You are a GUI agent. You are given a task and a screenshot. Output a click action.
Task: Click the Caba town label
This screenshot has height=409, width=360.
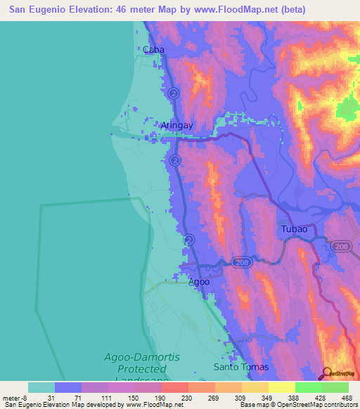[x=153, y=50]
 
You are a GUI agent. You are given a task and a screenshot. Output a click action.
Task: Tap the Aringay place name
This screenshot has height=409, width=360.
[x=176, y=125]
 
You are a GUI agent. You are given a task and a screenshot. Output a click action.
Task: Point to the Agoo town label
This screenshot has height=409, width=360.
[x=198, y=282]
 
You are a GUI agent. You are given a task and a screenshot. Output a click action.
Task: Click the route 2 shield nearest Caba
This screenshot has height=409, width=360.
[x=174, y=93]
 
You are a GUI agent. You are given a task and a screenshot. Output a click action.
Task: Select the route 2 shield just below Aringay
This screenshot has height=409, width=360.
[x=173, y=161]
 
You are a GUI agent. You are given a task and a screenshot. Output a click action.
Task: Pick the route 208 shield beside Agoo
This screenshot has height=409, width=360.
[x=238, y=261]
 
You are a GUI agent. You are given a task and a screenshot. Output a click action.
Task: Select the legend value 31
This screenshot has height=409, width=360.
[x=51, y=398]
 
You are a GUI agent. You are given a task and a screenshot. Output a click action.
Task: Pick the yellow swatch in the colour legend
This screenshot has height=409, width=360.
[x=282, y=387]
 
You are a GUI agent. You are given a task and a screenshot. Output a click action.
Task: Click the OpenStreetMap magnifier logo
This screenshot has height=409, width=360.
[x=326, y=373]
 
